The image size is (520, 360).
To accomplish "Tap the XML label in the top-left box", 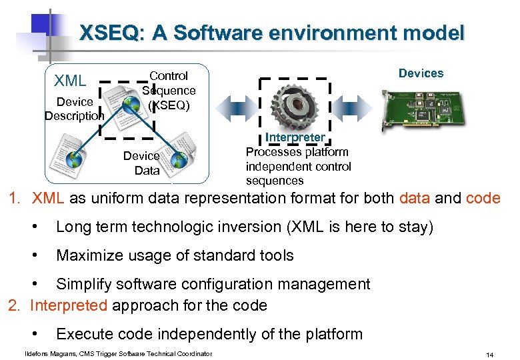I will [x=70, y=81].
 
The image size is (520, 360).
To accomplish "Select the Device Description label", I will [x=74, y=109].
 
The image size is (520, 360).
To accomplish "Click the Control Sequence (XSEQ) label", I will [x=169, y=91].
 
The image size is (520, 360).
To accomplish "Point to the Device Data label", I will [x=141, y=163].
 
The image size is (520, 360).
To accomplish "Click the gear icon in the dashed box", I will [x=295, y=107].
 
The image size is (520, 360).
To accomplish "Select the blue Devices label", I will [x=421, y=73].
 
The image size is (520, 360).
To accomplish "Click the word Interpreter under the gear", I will [x=295, y=137].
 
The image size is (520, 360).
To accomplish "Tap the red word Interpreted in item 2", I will [x=69, y=306].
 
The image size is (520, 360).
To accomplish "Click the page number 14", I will [x=490, y=355].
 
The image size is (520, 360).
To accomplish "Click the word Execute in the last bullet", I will [x=83, y=334].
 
